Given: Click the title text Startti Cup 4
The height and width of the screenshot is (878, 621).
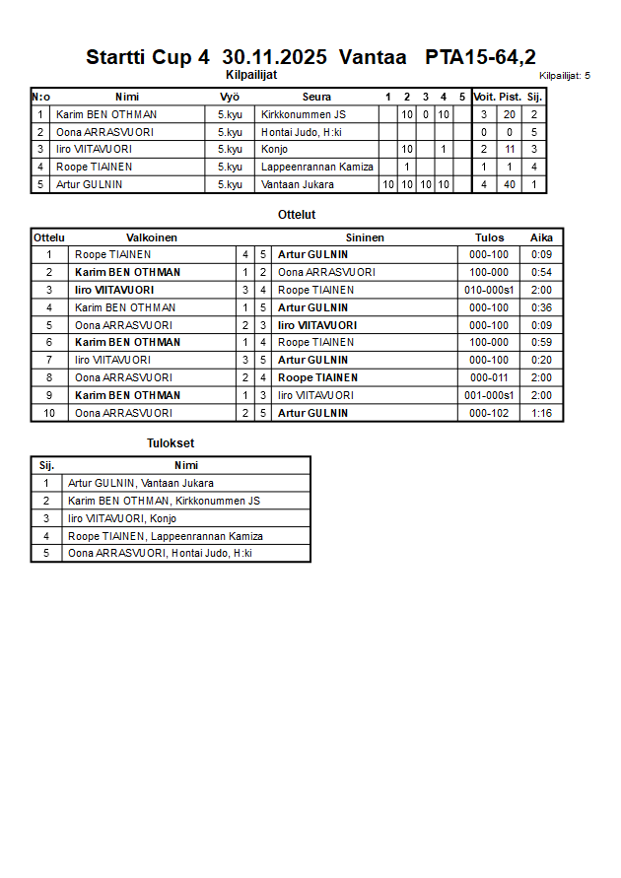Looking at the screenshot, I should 148,56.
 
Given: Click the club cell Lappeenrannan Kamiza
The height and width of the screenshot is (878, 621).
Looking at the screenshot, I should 317,167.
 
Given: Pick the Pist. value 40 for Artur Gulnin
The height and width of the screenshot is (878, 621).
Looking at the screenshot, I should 510,184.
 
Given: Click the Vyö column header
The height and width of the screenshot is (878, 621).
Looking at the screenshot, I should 230,97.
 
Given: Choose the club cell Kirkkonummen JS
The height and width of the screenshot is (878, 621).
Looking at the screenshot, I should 304,114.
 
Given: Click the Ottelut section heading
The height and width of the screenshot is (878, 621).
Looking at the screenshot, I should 297,214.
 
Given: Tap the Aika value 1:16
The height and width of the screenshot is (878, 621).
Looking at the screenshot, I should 541,413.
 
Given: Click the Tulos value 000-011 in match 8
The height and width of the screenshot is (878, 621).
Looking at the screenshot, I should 489,377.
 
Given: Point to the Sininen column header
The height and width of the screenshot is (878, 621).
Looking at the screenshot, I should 365,237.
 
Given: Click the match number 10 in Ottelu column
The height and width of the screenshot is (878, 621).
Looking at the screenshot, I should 48,413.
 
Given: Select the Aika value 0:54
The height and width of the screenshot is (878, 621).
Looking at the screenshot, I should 541,272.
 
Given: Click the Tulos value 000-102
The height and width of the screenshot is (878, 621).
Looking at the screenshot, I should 489,413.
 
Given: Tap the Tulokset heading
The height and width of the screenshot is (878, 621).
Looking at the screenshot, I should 171,443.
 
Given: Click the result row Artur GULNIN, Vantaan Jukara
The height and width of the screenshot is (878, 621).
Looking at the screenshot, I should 141,483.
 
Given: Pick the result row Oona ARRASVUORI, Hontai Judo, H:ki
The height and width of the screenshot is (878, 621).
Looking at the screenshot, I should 160,554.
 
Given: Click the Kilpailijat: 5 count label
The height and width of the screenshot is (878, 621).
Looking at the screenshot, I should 565,75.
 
